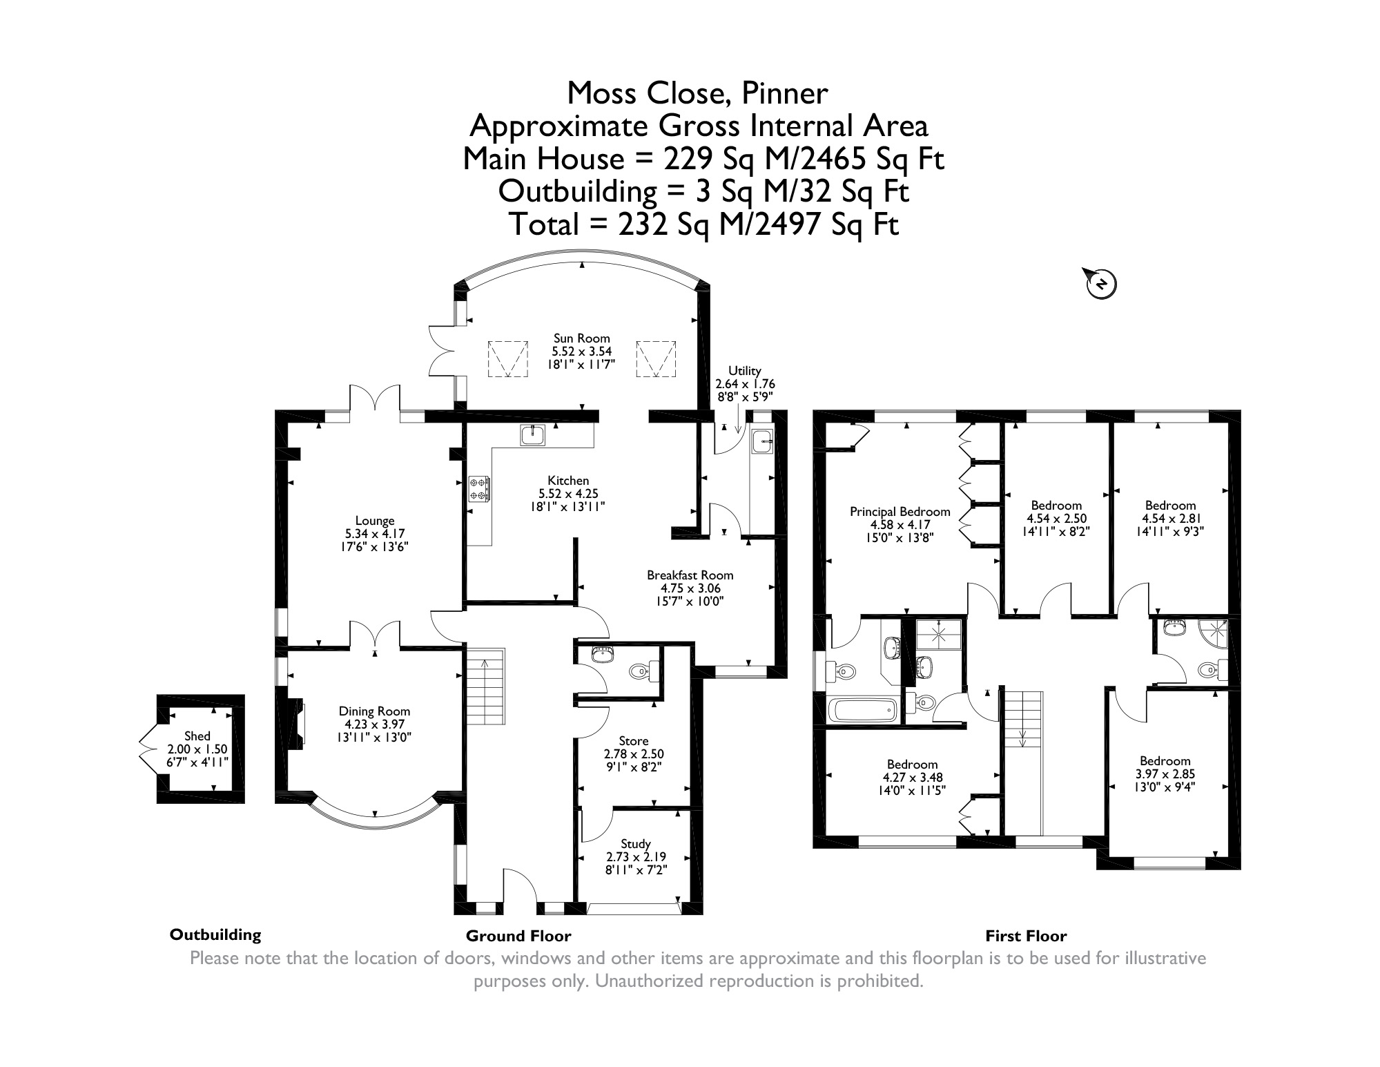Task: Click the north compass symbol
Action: pyautogui.click(x=1102, y=282)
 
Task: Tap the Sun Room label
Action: pyautogui.click(x=581, y=338)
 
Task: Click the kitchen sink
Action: pyautogui.click(x=533, y=435)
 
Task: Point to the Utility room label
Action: pyautogui.click(x=744, y=371)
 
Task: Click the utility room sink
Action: pyautogui.click(x=762, y=441)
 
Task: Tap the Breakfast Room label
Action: pyautogui.click(x=690, y=575)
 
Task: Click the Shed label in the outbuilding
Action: pyautogui.click(x=197, y=736)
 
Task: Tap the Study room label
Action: pyautogui.click(x=635, y=844)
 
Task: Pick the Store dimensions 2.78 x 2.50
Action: pyautogui.click(x=633, y=754)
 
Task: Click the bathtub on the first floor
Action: pyautogui.click(x=862, y=709)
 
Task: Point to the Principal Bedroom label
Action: pyautogui.click(x=900, y=512)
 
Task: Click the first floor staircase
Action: pyautogui.click(x=1022, y=718)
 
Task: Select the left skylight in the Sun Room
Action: pyautogui.click(x=509, y=358)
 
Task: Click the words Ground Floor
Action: pyautogui.click(x=518, y=936)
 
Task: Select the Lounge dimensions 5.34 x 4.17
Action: pyautogui.click(x=375, y=534)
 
